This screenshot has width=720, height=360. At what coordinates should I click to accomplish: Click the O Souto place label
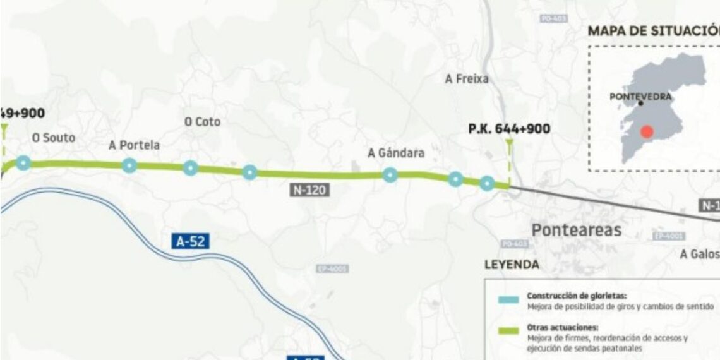coord(54,138)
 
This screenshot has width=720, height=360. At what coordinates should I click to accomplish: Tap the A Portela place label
coord(134,145)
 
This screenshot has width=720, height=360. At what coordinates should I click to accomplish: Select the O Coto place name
coord(202,122)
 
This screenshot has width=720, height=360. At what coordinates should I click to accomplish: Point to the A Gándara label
coord(396,153)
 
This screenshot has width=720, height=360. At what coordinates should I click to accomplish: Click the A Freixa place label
coord(467,79)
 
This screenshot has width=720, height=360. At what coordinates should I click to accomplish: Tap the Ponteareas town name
coord(577,230)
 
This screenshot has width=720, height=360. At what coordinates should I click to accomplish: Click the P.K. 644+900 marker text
coord(509,129)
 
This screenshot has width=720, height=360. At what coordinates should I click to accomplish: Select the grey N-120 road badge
coord(309,189)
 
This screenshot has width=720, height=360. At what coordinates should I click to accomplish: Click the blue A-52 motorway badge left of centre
coord(190,241)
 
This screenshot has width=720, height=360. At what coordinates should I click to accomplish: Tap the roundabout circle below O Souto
coord(23,163)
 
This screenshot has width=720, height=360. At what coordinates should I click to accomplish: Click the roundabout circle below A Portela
coord(129,165)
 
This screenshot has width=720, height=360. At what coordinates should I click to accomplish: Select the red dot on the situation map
coord(646,132)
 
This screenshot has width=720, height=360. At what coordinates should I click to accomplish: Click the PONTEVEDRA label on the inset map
coord(640,97)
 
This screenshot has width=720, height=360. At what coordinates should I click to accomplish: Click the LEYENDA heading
coord(512,265)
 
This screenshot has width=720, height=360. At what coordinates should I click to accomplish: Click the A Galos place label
coord(700,254)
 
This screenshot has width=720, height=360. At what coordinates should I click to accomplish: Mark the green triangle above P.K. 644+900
coord(509,144)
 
